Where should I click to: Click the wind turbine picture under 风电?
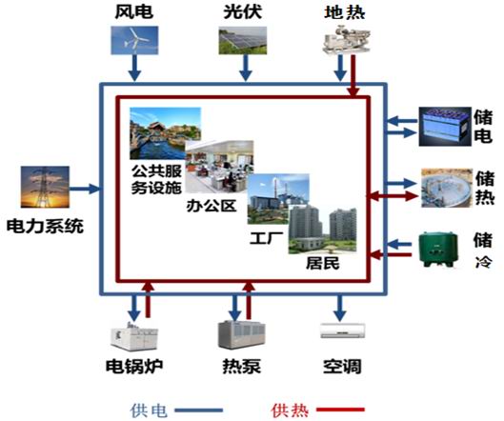pos(134,40)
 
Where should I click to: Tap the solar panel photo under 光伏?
pos(243,41)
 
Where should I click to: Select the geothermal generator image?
pos(347,40)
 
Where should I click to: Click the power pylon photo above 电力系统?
pos(45,187)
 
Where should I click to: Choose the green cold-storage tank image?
pos(438,250)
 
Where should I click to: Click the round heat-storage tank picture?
pos(447,188)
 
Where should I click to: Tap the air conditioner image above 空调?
pos(343,331)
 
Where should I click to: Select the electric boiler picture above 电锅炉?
pos(134,335)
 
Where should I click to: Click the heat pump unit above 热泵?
pos(241,334)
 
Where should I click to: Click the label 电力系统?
pos(45,226)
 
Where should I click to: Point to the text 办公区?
pos(212,206)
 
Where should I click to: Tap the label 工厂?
pos(267,238)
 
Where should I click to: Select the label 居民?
pos(322,263)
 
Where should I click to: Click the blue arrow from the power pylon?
pos(85,189)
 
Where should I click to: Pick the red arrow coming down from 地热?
pos(353,75)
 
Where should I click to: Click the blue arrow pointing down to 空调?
pos(339,308)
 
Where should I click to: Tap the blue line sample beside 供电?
pos(198,411)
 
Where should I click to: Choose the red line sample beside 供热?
pos(341,410)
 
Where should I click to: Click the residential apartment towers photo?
pos(322,230)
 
